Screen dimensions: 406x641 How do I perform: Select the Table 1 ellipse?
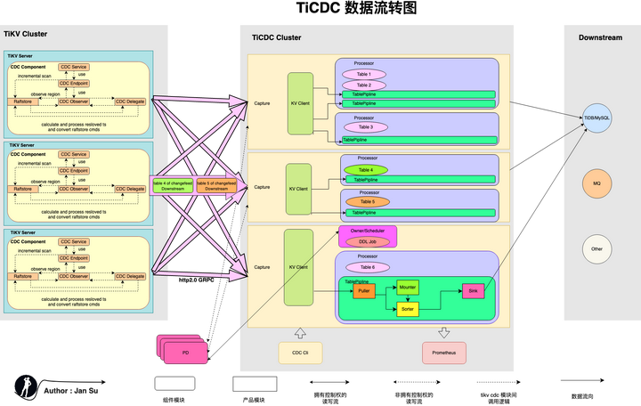pos(369,74)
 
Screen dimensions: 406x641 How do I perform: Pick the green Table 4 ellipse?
pos(365,169)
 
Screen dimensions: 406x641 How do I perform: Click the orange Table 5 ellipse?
pos(365,201)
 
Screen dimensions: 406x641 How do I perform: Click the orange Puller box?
pos(363,291)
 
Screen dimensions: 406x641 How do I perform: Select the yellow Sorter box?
pos(408,309)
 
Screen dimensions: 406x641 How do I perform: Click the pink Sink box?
pos(472,291)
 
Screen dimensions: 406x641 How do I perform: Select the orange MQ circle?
pos(596,183)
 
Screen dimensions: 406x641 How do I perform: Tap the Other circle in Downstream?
pos(596,248)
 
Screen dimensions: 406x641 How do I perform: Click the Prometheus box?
pos(444,352)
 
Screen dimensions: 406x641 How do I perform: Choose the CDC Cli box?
pos(299,352)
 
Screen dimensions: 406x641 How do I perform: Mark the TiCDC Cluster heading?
pos(276,38)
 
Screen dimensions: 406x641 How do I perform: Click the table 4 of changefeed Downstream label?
pos(167,185)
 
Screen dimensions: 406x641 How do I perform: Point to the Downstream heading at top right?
pos(599,38)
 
